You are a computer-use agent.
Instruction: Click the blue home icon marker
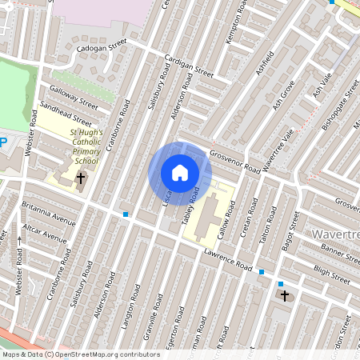180,173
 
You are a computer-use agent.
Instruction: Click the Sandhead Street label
69,118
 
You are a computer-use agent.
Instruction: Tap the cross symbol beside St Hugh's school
82,178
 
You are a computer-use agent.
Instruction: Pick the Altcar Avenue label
45,238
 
